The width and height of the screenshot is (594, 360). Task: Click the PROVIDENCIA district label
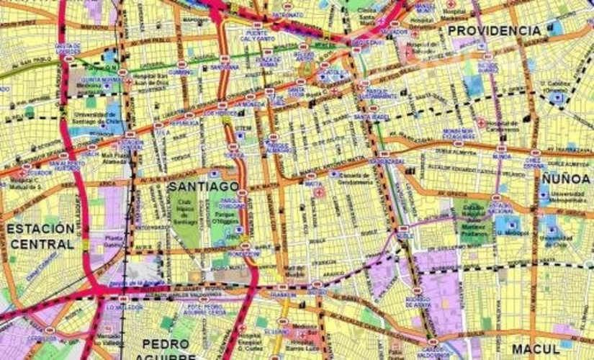coord(494,31)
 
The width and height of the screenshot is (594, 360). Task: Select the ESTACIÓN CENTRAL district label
coord(41,236)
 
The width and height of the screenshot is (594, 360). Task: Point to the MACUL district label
coord(536,348)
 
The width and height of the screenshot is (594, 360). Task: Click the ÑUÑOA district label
coord(566,178)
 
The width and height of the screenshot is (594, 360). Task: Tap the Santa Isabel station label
coord(371,117)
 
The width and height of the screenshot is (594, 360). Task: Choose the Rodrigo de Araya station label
coord(418,302)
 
